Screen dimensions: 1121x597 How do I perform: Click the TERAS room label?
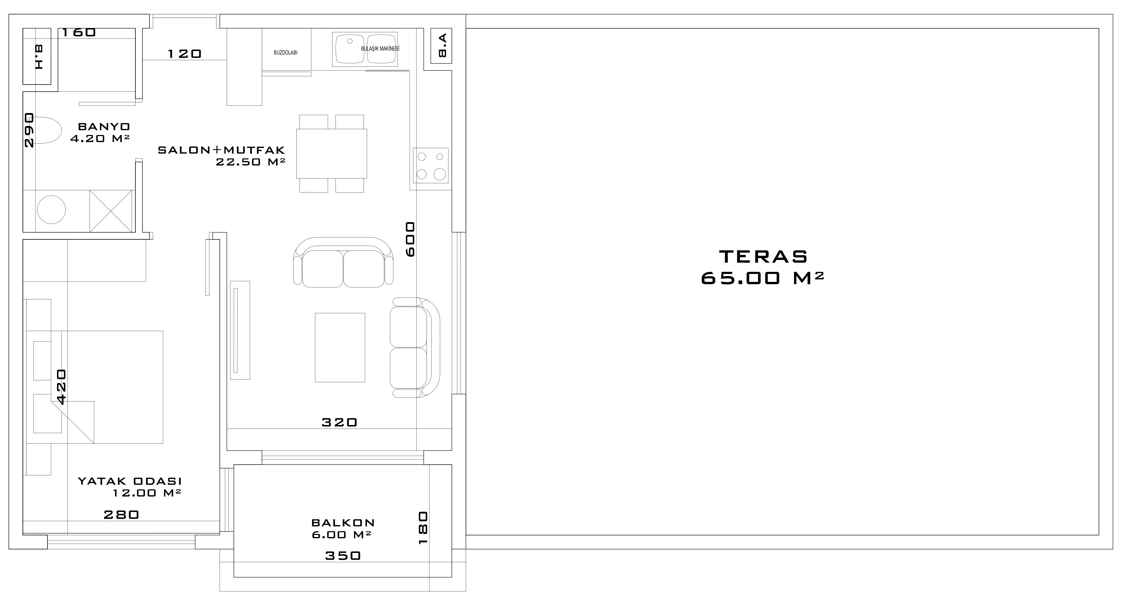click(x=763, y=257)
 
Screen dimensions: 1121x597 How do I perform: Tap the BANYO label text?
click(x=104, y=127)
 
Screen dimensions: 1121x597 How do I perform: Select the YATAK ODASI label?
click(x=130, y=481)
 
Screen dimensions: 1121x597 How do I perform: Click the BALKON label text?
click(x=343, y=523)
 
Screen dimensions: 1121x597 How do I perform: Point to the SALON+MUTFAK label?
click(x=221, y=150)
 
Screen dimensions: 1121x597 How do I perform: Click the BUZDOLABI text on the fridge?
click(x=285, y=53)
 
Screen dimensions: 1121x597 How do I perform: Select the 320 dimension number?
click(x=339, y=422)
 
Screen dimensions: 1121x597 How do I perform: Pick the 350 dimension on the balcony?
click(x=343, y=556)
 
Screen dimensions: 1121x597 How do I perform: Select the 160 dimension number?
click(x=79, y=32)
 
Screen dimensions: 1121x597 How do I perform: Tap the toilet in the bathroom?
click(x=47, y=130)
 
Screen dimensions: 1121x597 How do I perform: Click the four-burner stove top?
click(x=430, y=165)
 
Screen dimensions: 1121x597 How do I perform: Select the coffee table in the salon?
click(x=340, y=348)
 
